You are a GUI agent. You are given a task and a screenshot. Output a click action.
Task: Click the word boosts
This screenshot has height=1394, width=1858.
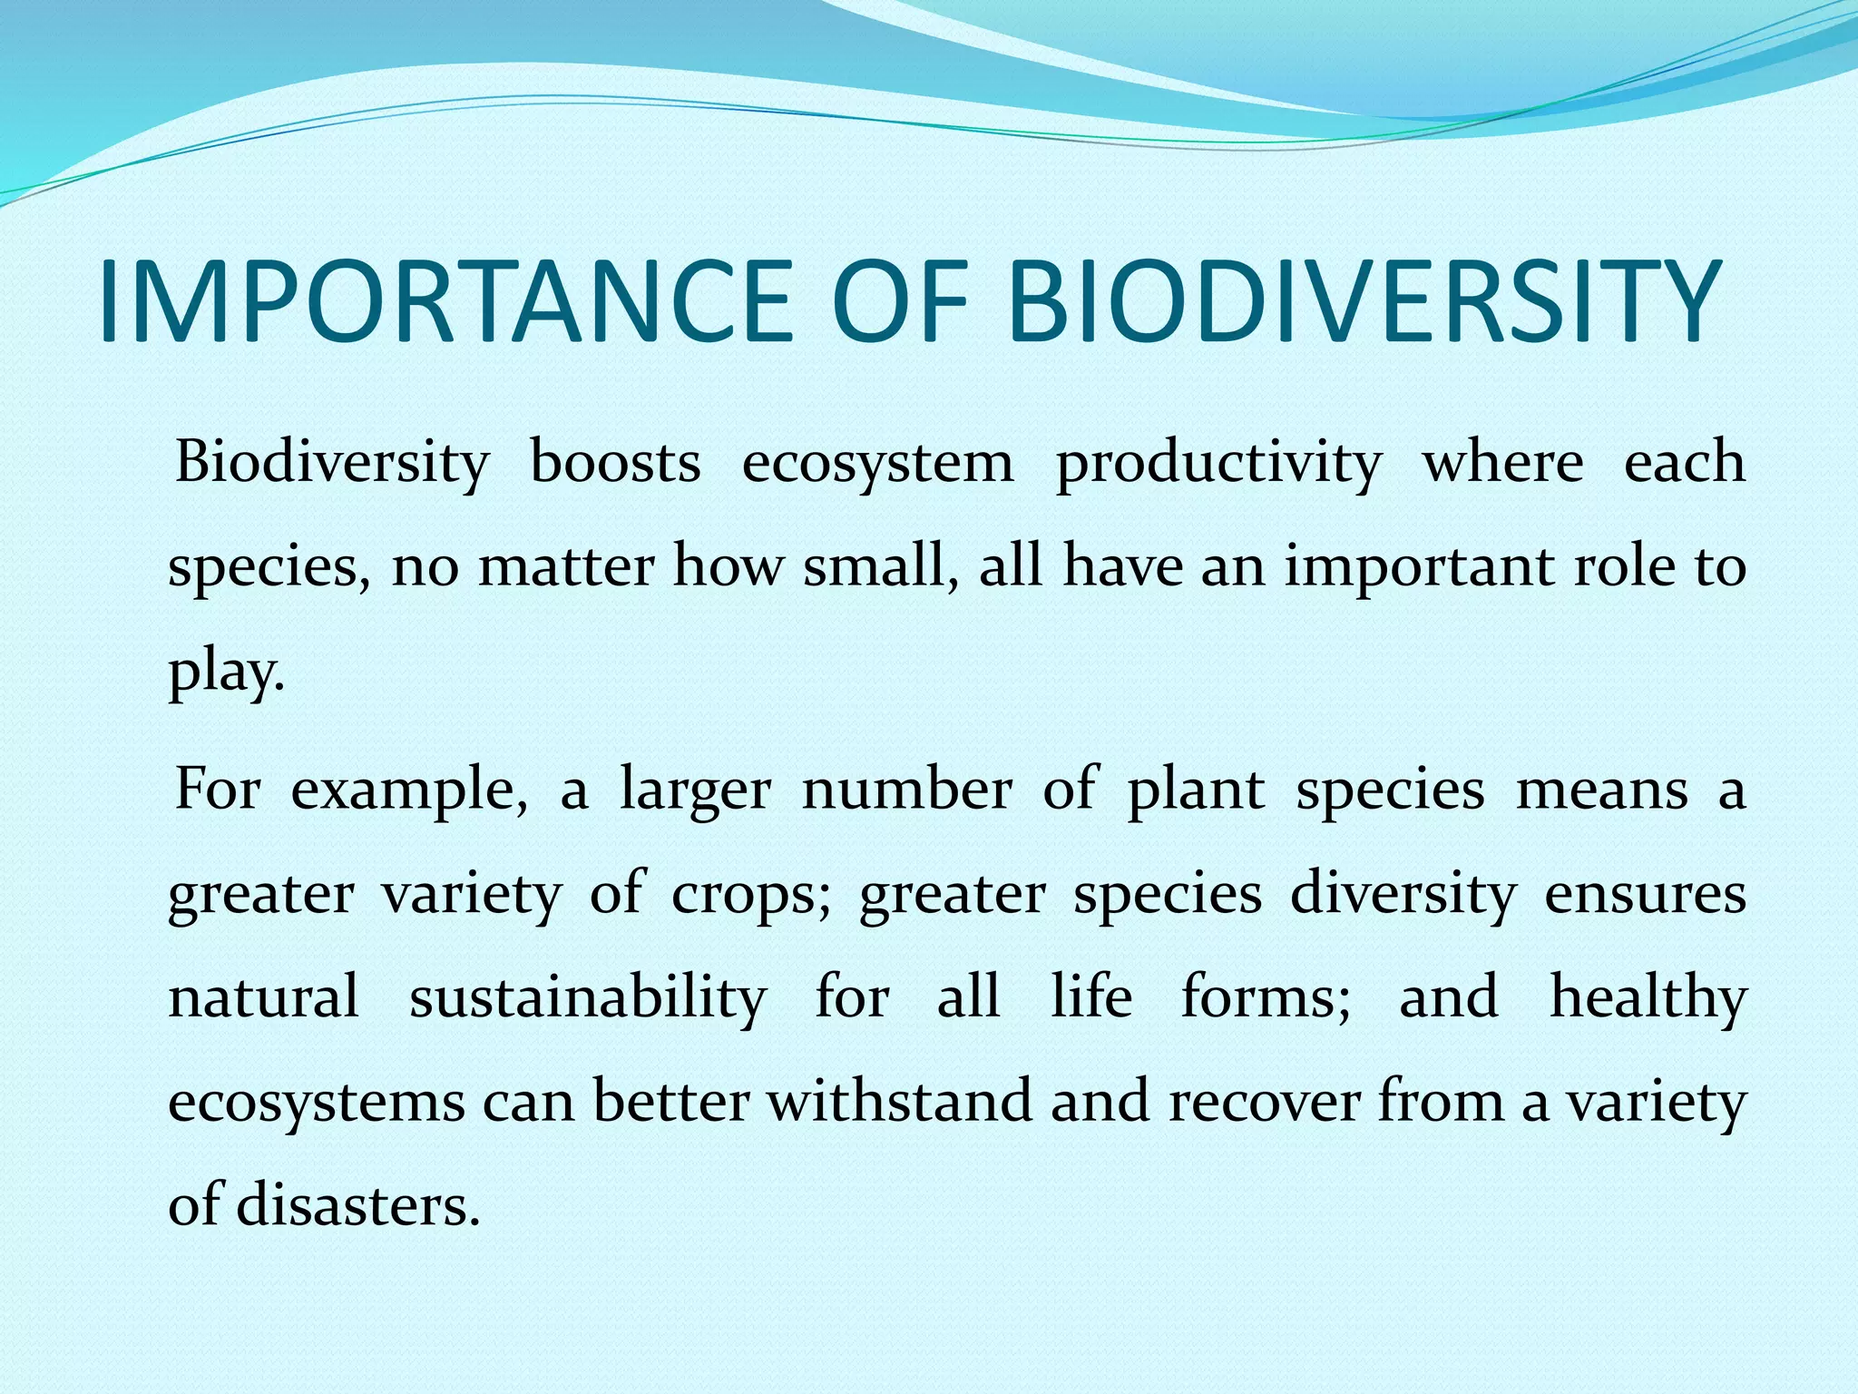(x=614, y=462)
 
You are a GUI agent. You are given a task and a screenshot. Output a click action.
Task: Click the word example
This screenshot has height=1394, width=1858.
(x=408, y=790)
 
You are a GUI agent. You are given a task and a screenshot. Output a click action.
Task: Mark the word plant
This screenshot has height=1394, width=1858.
(x=1195, y=790)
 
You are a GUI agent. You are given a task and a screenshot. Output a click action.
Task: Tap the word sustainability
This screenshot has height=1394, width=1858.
(x=588, y=998)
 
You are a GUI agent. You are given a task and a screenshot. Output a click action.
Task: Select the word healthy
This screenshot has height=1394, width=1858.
(x=1648, y=998)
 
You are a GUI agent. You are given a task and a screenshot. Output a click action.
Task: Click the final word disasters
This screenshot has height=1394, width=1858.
(x=357, y=1206)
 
